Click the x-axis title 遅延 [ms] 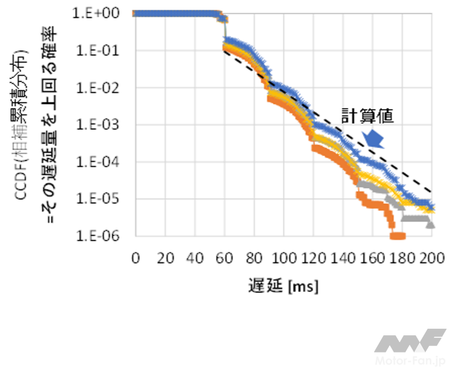tap(284, 285)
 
